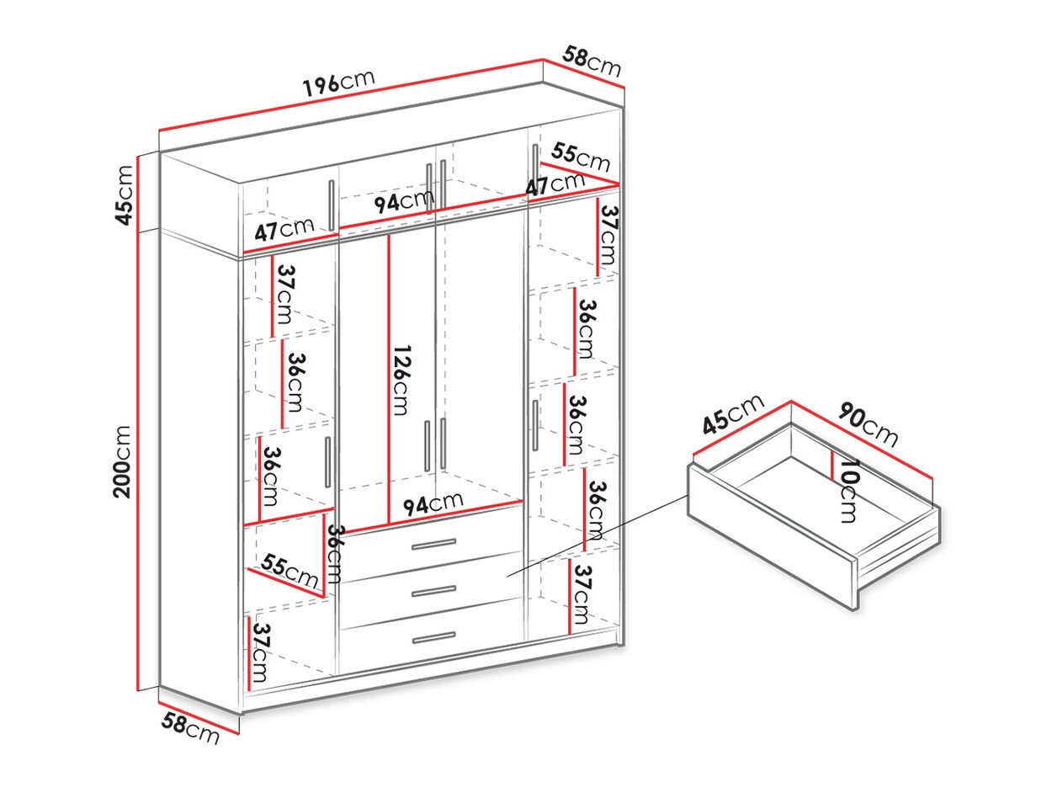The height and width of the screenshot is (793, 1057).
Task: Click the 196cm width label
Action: (x=338, y=82)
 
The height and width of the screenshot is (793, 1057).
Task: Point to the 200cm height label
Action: (x=123, y=461)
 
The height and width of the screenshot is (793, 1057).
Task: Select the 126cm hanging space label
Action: (x=401, y=380)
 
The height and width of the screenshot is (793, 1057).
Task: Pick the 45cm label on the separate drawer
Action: (x=733, y=413)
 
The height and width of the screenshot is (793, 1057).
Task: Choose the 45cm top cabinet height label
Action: (x=125, y=194)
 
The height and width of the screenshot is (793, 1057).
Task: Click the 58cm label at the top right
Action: (x=592, y=61)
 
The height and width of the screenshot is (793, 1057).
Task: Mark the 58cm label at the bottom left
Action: (x=190, y=726)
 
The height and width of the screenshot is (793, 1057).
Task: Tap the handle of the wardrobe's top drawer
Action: (x=433, y=545)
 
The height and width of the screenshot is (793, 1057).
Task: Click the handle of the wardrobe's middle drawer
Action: (x=433, y=591)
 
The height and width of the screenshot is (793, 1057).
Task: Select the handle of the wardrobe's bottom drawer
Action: (x=433, y=637)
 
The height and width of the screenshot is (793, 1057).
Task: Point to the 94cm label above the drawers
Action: (x=433, y=503)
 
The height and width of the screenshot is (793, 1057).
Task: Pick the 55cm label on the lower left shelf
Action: (x=289, y=571)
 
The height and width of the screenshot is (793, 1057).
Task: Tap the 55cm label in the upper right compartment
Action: (x=581, y=156)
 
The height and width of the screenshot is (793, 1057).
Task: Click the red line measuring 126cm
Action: (x=389, y=379)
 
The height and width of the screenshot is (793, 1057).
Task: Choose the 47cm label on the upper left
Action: (x=284, y=229)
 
